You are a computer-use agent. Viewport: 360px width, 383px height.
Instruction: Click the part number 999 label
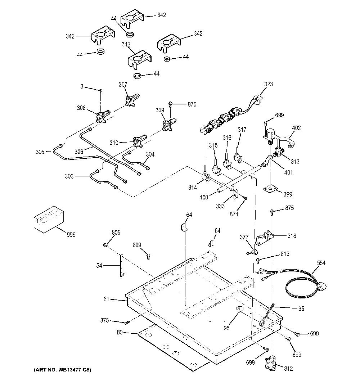pyautogui.click(x=71, y=235)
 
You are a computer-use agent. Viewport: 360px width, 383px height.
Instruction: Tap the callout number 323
pyautogui.click(x=269, y=84)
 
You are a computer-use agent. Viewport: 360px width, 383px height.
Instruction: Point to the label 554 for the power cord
pyautogui.click(x=321, y=263)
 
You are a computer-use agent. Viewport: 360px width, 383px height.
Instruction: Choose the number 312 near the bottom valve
pyautogui.click(x=288, y=368)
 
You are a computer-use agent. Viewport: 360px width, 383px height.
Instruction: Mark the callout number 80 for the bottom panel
pyautogui.click(x=120, y=333)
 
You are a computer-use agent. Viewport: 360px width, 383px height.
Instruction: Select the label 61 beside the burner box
pyautogui.click(x=106, y=299)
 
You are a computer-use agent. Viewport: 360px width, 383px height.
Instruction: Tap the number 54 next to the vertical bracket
pyautogui.click(x=99, y=266)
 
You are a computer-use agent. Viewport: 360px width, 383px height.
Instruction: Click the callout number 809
pyautogui.click(x=116, y=232)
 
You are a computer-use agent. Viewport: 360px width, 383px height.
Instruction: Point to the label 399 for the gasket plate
pyautogui.click(x=288, y=194)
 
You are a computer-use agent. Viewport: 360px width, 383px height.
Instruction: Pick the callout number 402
pyautogui.click(x=296, y=128)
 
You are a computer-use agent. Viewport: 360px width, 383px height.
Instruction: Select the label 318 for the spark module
pyautogui.click(x=292, y=236)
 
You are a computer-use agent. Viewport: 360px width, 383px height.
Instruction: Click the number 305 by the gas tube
pyautogui.click(x=40, y=152)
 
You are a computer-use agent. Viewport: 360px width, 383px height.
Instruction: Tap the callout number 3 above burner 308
pyautogui.click(x=82, y=86)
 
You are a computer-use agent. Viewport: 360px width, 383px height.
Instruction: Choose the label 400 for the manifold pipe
pyautogui.click(x=204, y=197)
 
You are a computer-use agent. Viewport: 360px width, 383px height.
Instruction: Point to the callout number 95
pyautogui.click(x=227, y=328)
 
